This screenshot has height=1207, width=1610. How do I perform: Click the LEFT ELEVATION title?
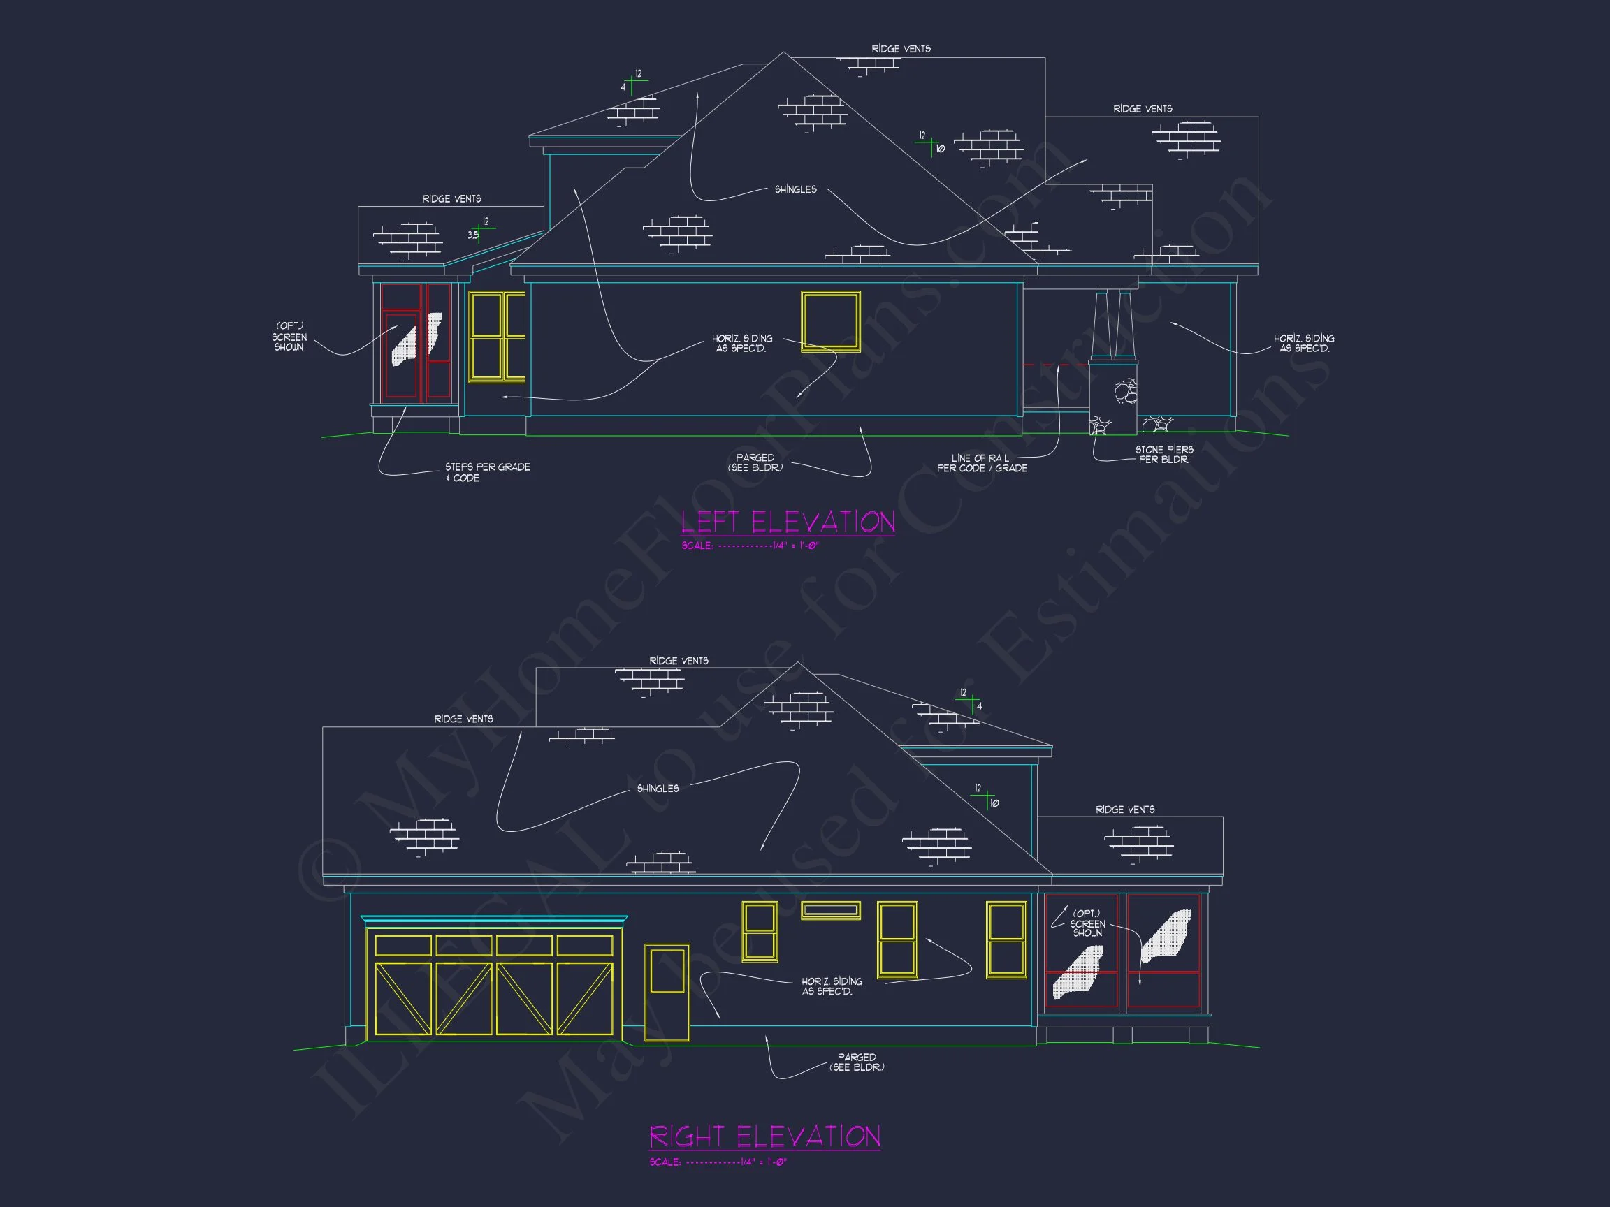click(788, 522)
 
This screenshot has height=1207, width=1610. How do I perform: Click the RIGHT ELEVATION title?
click(764, 1136)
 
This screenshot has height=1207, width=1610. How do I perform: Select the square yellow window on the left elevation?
click(830, 321)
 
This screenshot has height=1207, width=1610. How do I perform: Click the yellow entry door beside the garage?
click(667, 993)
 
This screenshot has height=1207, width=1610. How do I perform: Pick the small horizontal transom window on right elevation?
click(830, 910)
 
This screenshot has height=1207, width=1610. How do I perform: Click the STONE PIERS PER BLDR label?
click(1164, 455)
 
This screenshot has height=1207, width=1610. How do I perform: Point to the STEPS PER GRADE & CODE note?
click(487, 472)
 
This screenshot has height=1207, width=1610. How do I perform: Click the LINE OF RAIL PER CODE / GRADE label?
click(981, 463)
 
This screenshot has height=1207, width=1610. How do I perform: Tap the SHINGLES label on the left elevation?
click(795, 190)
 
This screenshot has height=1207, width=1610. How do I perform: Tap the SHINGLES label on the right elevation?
click(658, 789)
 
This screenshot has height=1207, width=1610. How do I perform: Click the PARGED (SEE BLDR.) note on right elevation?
click(857, 1062)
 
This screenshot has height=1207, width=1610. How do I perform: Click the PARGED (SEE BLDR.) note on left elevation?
click(755, 462)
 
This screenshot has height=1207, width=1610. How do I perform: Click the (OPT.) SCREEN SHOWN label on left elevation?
click(289, 337)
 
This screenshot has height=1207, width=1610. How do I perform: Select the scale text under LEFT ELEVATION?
click(750, 546)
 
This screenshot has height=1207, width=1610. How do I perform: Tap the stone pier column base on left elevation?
click(1114, 397)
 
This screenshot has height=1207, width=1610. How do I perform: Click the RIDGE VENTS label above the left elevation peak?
click(900, 49)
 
